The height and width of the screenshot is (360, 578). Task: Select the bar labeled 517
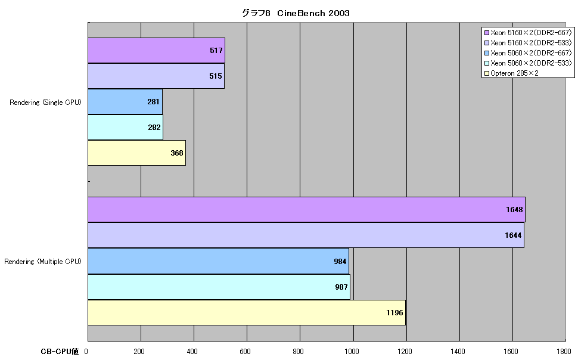[156, 51]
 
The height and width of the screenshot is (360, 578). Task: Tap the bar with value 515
[156, 76]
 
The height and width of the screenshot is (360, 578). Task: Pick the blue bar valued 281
[125, 101]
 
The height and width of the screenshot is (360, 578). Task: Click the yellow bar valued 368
[137, 153]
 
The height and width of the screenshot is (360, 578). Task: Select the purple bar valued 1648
[307, 210]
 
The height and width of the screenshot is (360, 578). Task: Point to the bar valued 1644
[306, 235]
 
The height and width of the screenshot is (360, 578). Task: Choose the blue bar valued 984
[218, 261]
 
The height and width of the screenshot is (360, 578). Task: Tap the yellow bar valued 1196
[247, 312]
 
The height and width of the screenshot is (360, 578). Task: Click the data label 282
[154, 128]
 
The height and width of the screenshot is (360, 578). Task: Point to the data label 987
[341, 287]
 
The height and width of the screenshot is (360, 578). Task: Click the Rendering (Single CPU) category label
[45, 103]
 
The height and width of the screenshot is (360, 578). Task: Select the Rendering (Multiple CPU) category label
[43, 262]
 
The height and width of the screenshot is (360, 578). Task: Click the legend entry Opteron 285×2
[511, 73]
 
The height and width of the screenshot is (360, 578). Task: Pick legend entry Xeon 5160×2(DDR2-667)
[528, 32]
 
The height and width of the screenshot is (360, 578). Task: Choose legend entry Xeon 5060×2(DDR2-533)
[528, 63]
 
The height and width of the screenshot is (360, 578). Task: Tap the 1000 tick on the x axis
[352, 352]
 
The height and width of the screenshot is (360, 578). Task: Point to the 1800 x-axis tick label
[564, 352]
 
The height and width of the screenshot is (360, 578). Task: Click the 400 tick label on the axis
[192, 352]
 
